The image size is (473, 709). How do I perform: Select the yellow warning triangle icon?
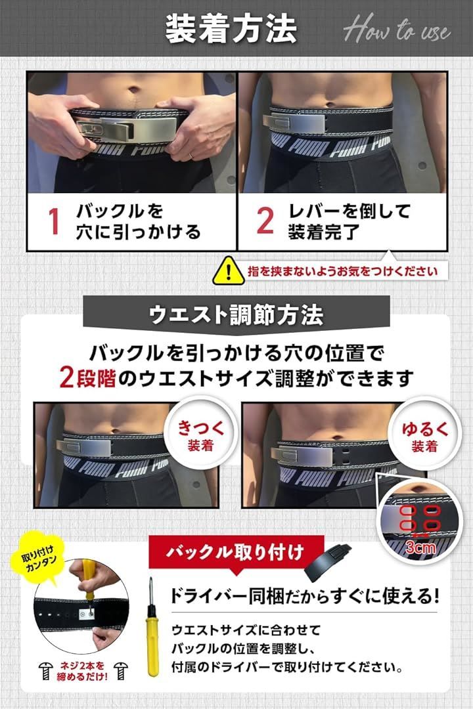(x=228, y=270)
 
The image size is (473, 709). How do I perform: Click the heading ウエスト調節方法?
(x=236, y=315)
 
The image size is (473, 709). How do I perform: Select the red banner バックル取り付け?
(x=236, y=551)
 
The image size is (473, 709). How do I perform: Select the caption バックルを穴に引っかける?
(x=138, y=222)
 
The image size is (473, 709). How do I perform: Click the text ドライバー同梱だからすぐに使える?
(x=304, y=597)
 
